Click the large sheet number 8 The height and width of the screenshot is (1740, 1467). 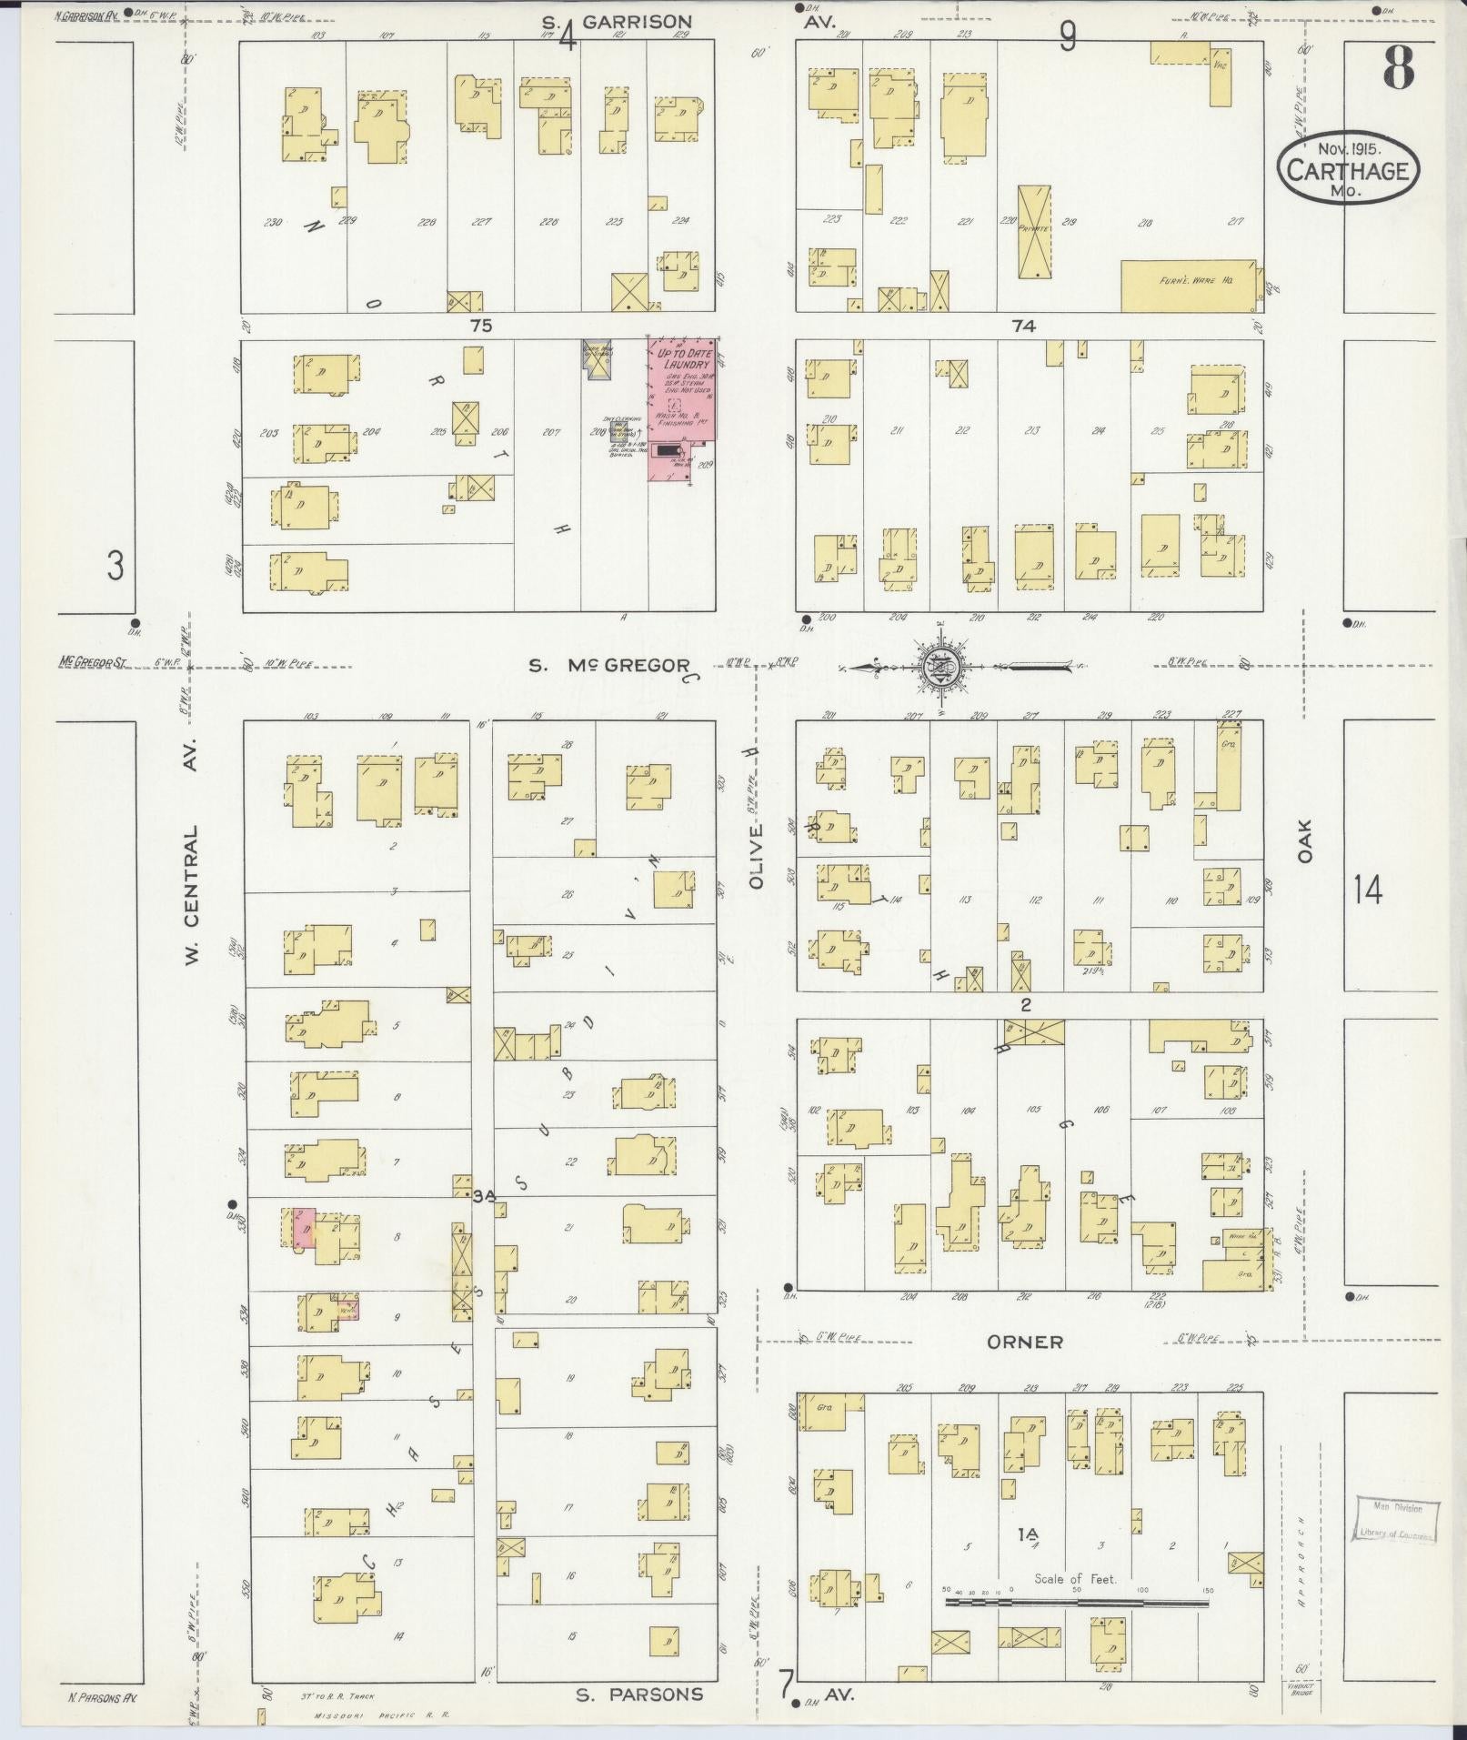[1399, 66]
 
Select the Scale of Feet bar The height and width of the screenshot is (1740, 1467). [1076, 965]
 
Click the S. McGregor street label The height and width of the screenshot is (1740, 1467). [608, 666]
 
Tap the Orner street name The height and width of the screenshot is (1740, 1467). [1025, 1342]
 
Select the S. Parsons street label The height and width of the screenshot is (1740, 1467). [639, 1694]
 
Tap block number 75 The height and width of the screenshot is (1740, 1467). [481, 325]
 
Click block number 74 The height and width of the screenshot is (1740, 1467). [1024, 325]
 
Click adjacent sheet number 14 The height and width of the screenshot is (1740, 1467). [1367, 889]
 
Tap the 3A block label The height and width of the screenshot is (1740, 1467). [483, 1196]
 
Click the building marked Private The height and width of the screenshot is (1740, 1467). [1033, 232]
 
